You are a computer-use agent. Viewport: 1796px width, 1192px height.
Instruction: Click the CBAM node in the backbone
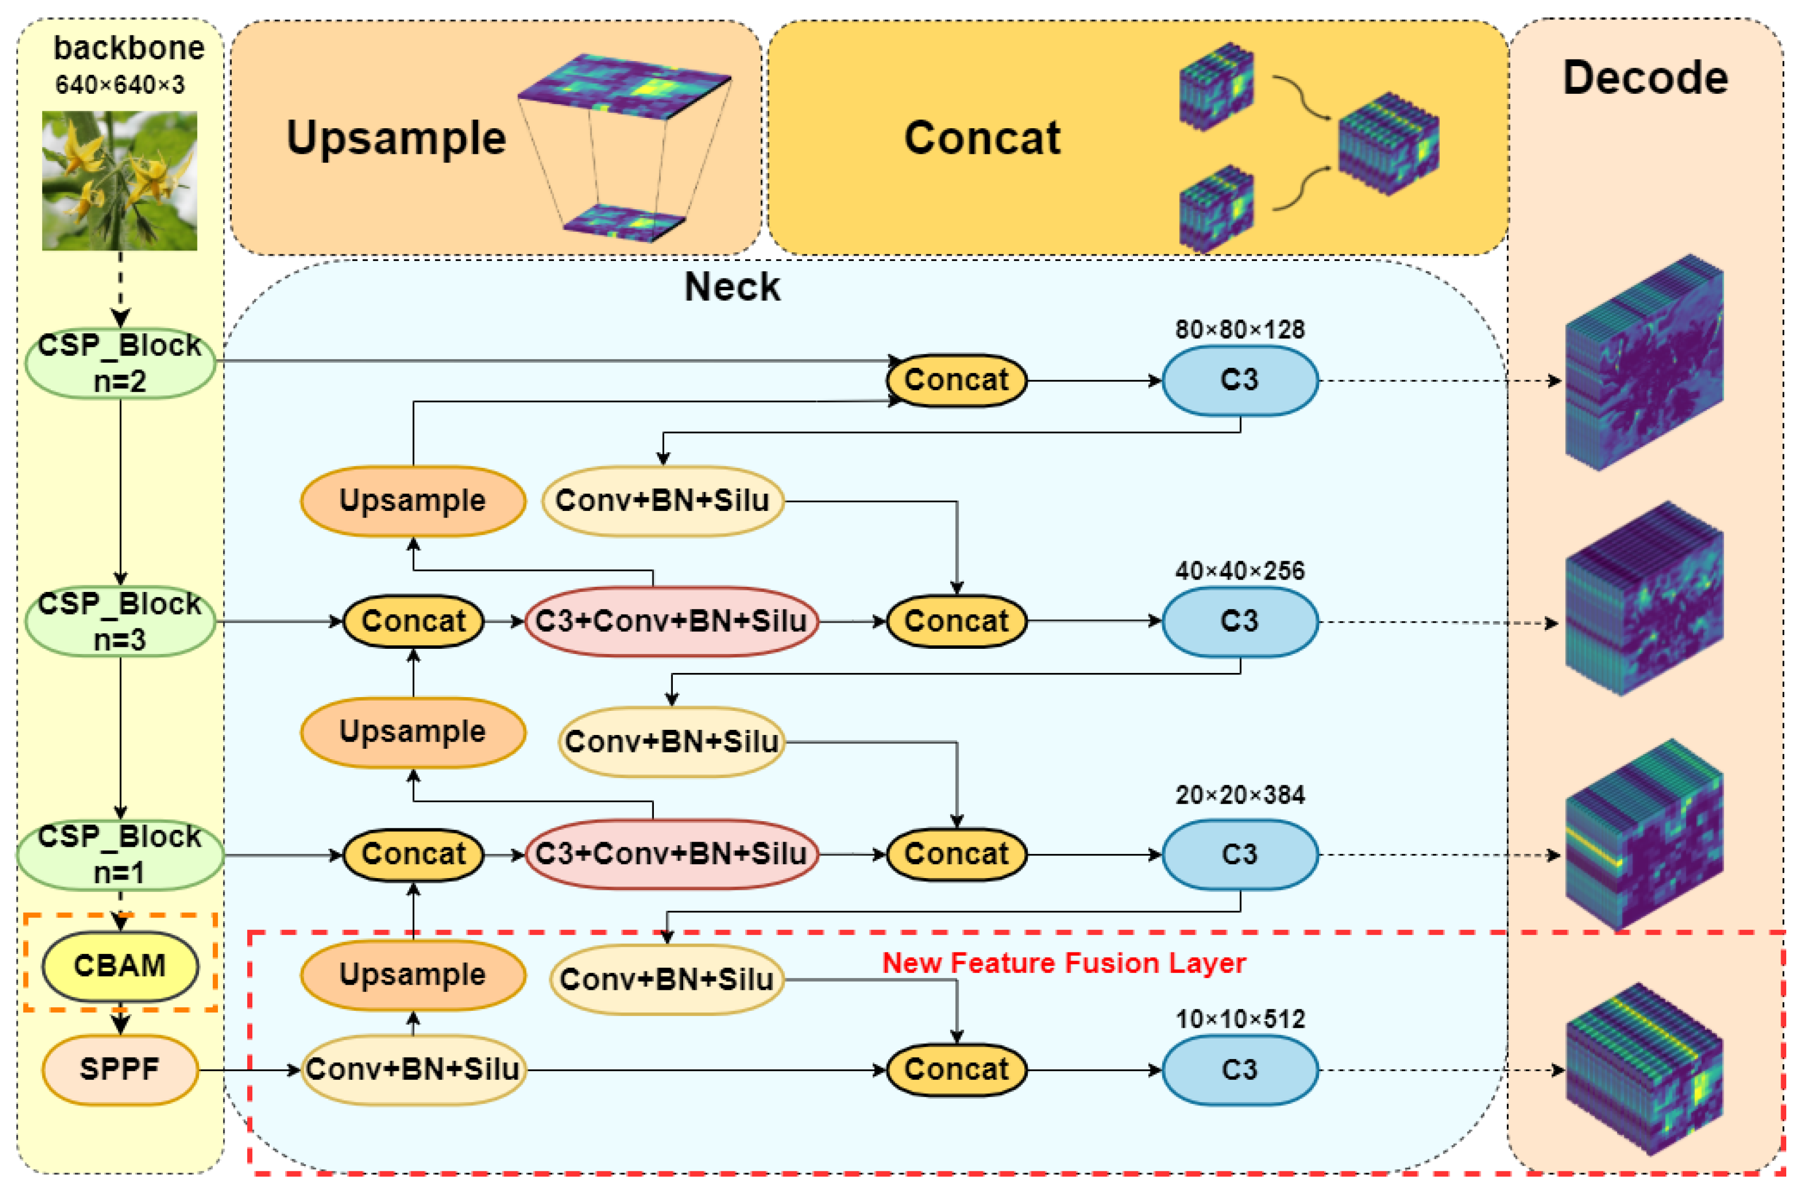pos(120,965)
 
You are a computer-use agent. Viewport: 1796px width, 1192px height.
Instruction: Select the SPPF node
pos(120,1069)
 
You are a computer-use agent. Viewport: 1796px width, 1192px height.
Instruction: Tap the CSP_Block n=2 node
pos(120,363)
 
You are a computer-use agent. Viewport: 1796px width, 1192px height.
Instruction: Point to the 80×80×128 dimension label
pos(1240,330)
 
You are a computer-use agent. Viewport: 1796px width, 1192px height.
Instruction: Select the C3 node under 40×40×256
pos(1240,621)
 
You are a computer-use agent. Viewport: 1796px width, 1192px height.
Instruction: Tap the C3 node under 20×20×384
pos(1240,855)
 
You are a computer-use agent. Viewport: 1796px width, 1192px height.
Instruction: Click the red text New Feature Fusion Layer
pos(1063,963)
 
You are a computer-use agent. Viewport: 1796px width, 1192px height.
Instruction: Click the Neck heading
pos(732,287)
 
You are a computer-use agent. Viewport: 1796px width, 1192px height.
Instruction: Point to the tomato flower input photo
pos(119,181)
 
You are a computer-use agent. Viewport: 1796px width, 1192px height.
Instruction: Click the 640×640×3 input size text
pos(119,85)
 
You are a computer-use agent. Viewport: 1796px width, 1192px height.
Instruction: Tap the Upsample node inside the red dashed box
pos(413,975)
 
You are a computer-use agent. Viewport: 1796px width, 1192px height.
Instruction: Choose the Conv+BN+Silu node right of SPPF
pos(413,1069)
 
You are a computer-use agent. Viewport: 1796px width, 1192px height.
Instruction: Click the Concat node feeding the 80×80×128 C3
pos(956,380)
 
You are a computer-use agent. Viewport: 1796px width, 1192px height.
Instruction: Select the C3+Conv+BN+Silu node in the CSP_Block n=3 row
pos(671,621)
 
